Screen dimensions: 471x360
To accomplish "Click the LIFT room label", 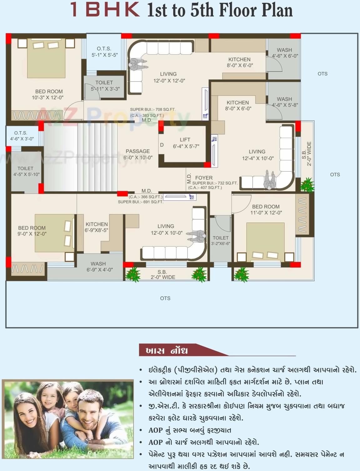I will coord(185,140).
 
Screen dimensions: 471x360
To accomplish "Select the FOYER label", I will coord(204,178).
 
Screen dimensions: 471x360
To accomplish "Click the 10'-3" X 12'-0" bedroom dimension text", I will coord(48,98).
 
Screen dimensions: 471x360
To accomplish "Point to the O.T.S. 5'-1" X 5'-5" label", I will coord(104,52).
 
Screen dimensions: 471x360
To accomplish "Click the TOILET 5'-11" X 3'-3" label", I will coord(104,86).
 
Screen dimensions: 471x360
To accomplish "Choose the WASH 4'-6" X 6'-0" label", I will coord(284,53).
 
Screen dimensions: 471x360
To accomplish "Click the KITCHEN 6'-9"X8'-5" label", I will coord(97,227).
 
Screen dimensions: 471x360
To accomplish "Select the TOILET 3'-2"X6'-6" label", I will coord(221,240).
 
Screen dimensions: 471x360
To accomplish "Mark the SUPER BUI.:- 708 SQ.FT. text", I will coord(153,109).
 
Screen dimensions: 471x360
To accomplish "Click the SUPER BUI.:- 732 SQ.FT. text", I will coord(215,183).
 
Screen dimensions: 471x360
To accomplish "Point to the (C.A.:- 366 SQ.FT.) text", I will coord(146,197).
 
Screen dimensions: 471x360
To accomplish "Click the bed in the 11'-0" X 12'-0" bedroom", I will coord(266,240).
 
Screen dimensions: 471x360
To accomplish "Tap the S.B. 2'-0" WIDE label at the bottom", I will coord(163,275).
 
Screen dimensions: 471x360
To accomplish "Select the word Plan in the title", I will coord(277,10).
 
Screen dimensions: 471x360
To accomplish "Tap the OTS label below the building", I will coord(165,298).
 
